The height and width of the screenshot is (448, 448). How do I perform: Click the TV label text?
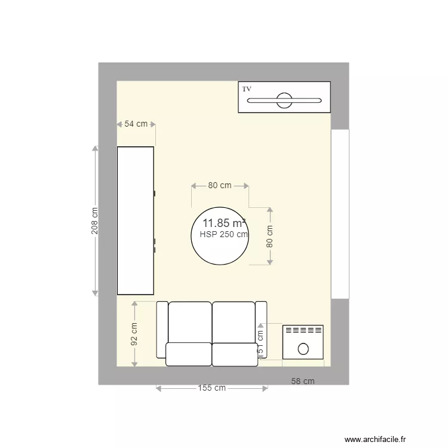(247, 89)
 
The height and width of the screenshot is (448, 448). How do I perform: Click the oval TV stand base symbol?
(284, 100)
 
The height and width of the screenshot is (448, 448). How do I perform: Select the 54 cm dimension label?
(136, 124)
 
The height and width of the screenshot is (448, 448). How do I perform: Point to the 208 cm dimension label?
(94, 221)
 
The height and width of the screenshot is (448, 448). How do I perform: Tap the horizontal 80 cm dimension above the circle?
(219, 186)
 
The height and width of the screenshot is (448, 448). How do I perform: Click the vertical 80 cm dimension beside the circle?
(269, 236)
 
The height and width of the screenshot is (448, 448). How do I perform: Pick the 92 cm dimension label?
(134, 335)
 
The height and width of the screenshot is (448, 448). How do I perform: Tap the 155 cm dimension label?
(212, 388)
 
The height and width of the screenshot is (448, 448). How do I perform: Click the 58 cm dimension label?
(303, 381)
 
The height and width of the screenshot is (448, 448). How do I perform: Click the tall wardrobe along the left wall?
(136, 221)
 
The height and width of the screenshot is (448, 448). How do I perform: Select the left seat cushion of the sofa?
(188, 354)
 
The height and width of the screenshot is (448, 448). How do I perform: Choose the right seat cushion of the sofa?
(235, 354)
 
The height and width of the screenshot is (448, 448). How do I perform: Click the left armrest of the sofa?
(161, 329)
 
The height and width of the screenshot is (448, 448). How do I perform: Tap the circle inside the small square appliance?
(303, 348)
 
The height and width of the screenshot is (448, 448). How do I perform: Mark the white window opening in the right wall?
(340, 214)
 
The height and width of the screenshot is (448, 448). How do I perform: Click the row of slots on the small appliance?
(302, 330)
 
